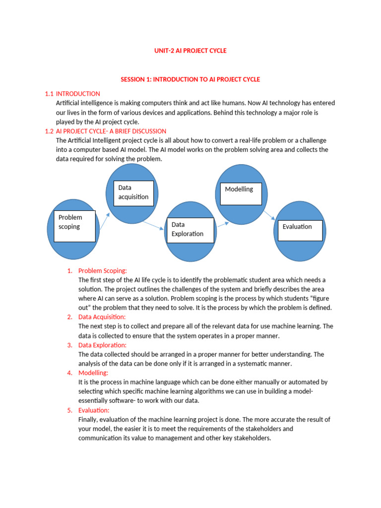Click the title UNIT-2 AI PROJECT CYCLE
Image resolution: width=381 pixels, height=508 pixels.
click(x=190, y=51)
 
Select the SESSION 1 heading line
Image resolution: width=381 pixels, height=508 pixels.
click(x=190, y=79)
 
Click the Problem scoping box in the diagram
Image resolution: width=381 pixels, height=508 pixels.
click(x=74, y=225)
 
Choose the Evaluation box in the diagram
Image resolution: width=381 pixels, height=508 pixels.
click(x=300, y=230)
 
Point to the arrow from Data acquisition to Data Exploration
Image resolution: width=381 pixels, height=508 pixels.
click(x=153, y=225)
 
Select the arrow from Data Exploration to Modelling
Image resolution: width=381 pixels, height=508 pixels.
click(x=223, y=224)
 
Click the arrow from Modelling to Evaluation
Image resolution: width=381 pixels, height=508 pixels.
click(x=269, y=215)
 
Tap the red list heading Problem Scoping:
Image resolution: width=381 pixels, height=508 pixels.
click(x=103, y=271)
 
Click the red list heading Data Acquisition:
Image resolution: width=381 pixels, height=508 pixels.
click(x=102, y=317)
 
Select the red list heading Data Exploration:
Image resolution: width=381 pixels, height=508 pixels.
click(x=102, y=345)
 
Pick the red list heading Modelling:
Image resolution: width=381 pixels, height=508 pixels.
click(x=93, y=373)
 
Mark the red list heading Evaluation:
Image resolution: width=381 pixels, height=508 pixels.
click(x=94, y=410)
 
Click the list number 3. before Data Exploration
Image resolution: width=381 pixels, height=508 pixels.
click(x=70, y=345)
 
